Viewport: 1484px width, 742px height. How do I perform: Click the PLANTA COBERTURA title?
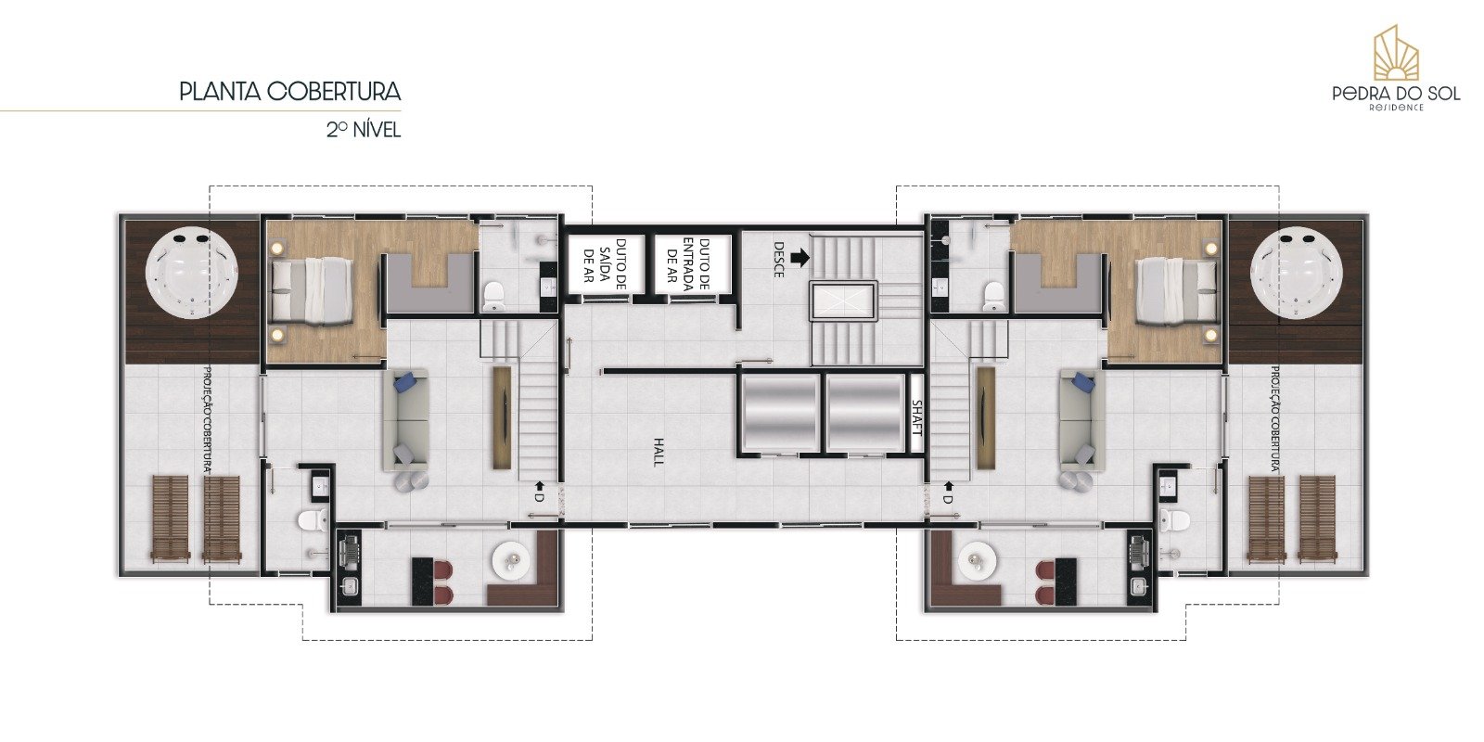tap(289, 92)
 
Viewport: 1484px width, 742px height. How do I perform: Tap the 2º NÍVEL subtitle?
tap(363, 130)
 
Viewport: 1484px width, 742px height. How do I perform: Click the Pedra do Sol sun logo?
tap(1396, 54)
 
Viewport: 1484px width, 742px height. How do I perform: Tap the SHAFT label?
tap(916, 418)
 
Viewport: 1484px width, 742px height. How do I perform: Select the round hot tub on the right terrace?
tap(1296, 275)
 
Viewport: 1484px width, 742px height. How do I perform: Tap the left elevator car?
tap(779, 414)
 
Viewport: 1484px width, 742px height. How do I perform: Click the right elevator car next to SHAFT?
tap(864, 414)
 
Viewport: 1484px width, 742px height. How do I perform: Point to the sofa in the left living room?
tap(408, 418)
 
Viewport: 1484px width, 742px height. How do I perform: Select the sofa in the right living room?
tap(1081, 418)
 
